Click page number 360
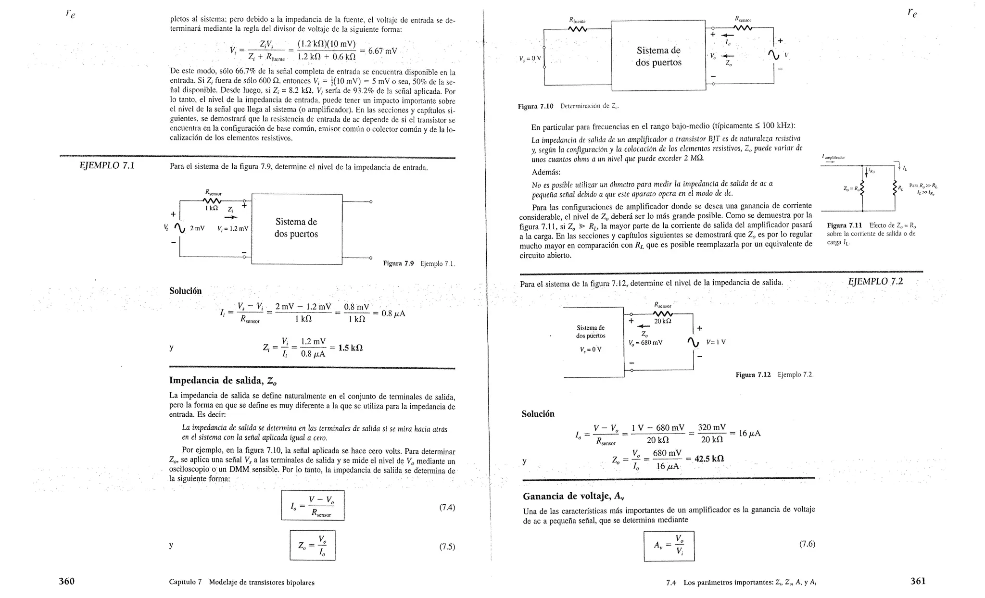(66, 581)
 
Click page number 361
(918, 581)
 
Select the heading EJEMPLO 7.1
(107, 166)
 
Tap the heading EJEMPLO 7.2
(875, 282)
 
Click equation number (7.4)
(447, 507)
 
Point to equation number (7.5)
(447, 547)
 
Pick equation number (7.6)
(807, 544)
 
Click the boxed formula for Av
(669, 546)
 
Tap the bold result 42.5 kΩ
(709, 459)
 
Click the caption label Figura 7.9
(398, 263)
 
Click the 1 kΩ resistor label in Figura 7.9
(212, 208)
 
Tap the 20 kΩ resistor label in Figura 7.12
(662, 321)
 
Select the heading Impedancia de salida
(223, 381)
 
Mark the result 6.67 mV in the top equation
(382, 51)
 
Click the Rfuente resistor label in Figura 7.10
(577, 21)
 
